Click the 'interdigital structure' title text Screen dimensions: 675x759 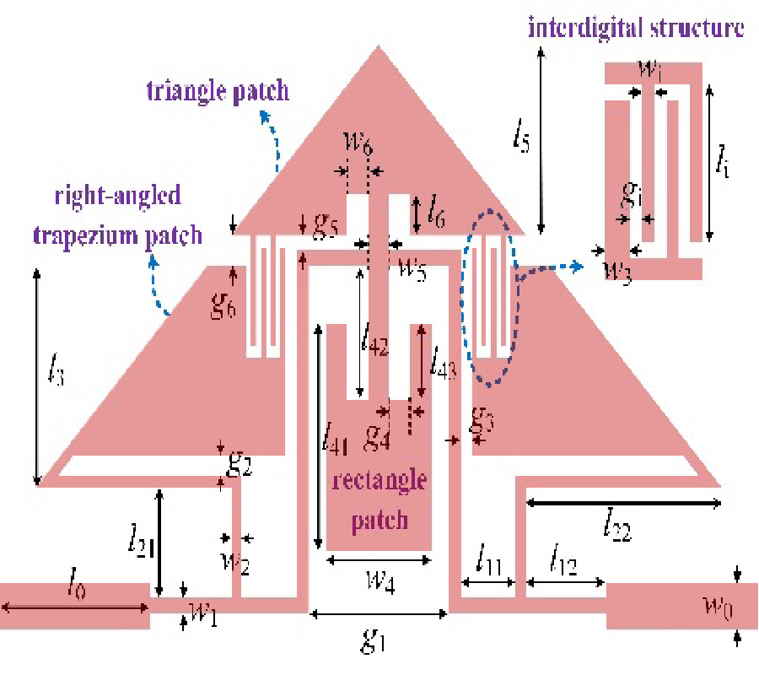636,28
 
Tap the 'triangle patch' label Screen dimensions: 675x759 218,91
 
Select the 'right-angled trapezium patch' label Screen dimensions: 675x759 117,215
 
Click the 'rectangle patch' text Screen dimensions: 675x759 379,498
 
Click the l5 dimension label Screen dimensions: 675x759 522,140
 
